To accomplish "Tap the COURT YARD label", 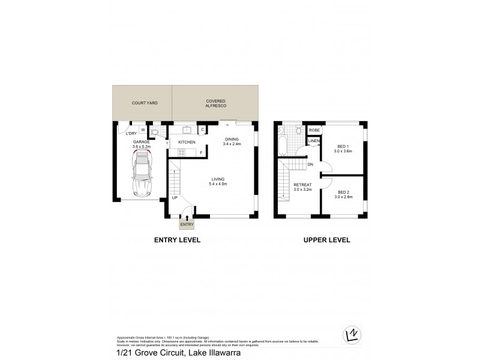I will tap(142, 103).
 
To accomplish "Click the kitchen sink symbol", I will tap(187, 129).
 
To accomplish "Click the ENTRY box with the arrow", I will tap(187, 223).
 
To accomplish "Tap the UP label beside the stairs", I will tap(174, 197).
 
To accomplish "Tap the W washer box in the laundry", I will tap(142, 129).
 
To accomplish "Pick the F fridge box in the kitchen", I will tap(201, 152).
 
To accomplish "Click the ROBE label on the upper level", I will tap(314, 130).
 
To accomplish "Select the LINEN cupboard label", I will tap(314, 142).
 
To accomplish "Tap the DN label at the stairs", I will tap(310, 164).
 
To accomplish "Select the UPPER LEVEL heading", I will tap(326, 240).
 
